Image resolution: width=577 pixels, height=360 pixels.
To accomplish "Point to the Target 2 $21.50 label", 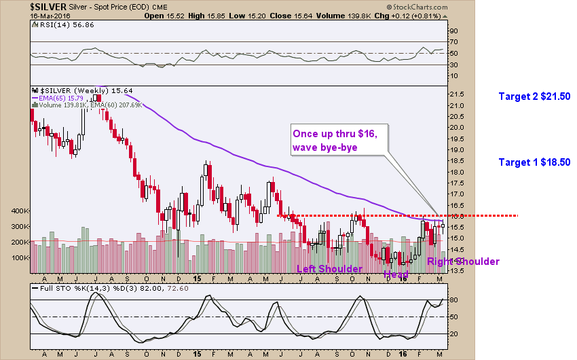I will click(x=534, y=96).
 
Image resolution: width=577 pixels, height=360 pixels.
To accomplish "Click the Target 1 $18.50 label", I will click(x=534, y=162).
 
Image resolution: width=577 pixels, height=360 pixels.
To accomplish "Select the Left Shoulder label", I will click(x=330, y=268).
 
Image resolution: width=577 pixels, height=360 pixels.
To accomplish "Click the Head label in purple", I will click(x=396, y=274).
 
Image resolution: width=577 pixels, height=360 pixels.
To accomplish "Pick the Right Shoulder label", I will click(x=463, y=262).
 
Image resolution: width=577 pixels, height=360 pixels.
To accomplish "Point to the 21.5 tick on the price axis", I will click(x=456, y=94).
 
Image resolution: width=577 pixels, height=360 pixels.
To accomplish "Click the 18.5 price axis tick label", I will click(x=456, y=160).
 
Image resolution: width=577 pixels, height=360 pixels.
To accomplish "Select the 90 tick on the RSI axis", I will click(x=453, y=31).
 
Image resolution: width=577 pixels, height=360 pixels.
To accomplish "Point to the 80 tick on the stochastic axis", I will click(x=453, y=300).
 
